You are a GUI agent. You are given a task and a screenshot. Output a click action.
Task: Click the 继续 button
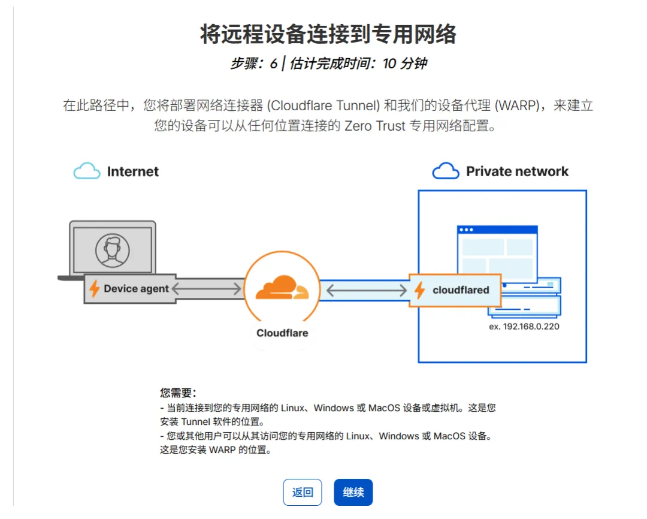(353, 493)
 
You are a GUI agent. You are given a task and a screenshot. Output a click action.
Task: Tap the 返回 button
(303, 493)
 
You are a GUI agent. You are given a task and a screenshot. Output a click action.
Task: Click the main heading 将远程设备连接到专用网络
(328, 35)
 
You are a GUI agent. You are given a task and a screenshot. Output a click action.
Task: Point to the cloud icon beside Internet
(87, 171)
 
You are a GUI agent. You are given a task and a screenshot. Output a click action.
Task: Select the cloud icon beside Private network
(446, 171)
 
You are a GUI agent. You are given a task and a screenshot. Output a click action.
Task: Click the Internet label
(133, 171)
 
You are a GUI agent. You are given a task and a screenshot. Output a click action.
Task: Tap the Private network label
(517, 171)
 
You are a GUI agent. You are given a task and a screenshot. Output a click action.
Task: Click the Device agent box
(130, 289)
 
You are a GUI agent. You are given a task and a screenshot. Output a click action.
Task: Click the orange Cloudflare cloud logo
(282, 287)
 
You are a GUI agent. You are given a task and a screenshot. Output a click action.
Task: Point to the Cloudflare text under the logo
(282, 333)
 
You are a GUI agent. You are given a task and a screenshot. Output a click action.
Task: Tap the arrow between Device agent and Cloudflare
(206, 289)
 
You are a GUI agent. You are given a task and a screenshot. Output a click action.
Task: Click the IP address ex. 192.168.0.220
(524, 327)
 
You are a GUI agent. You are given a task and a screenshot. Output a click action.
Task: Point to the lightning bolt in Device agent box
(94, 289)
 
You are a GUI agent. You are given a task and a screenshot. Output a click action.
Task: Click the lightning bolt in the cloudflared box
(420, 290)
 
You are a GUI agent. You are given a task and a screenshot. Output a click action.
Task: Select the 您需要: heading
(178, 393)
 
